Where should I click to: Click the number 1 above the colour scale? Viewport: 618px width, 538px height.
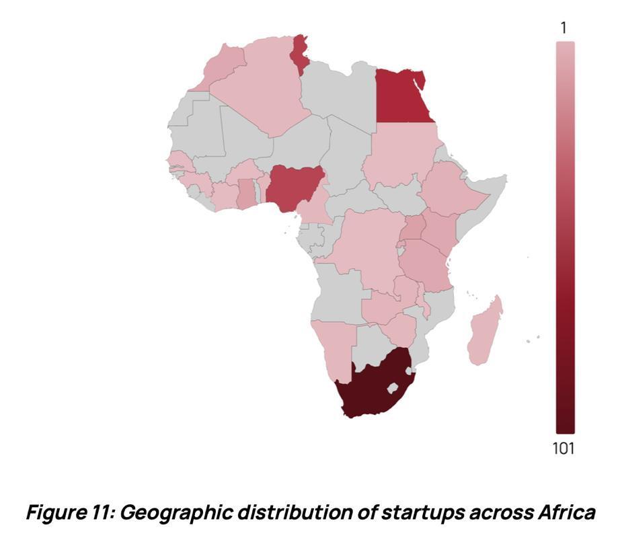[x=564, y=28]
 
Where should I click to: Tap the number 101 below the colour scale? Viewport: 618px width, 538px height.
[x=564, y=449]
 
